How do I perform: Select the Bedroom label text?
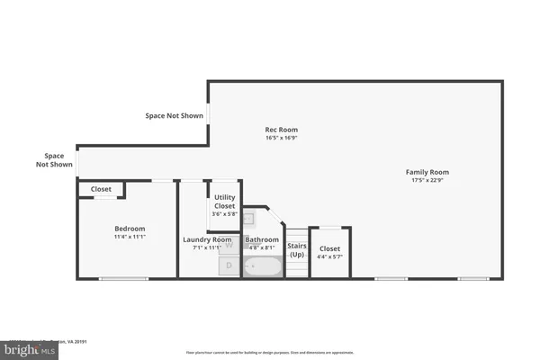[129, 229]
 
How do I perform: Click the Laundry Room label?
[207, 239]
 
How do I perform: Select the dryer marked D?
[229, 265]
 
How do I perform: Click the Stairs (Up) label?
[297, 249]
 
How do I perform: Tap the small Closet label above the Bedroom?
[101, 190]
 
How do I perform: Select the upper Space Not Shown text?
[175, 115]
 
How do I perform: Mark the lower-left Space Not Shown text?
[54, 160]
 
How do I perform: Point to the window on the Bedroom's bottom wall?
[123, 278]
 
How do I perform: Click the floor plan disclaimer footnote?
[269, 352]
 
